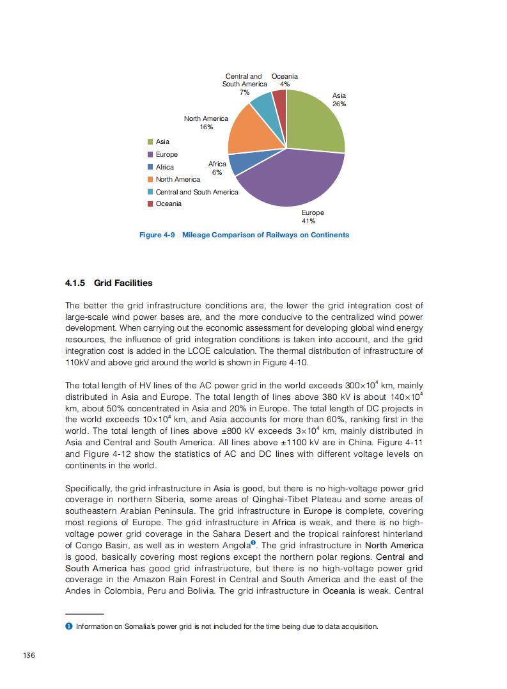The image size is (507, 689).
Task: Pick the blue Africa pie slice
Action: (242, 164)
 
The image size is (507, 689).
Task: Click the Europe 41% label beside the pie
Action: (313, 216)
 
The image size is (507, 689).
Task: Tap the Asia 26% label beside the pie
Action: (339, 100)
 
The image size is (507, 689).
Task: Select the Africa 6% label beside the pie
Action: (217, 168)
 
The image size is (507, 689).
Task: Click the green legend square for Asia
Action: (150, 141)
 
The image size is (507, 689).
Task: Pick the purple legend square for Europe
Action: (150, 154)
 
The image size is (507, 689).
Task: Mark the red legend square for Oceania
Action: (150, 204)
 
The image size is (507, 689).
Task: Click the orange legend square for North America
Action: (150, 179)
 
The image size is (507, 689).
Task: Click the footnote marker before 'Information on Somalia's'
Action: (68, 626)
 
